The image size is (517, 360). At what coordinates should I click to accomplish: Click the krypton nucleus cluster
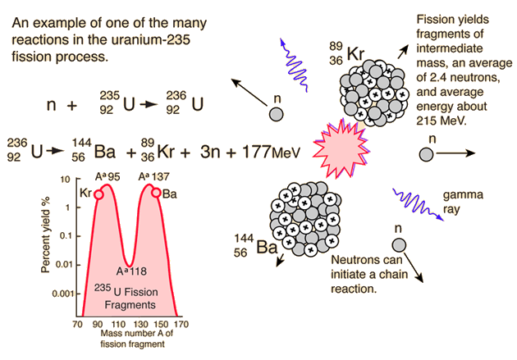click(368, 93)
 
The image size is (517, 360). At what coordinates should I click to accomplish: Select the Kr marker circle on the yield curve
click(99, 194)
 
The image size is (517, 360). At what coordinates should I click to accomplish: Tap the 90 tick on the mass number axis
click(97, 325)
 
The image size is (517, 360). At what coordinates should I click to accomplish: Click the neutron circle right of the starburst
click(427, 153)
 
